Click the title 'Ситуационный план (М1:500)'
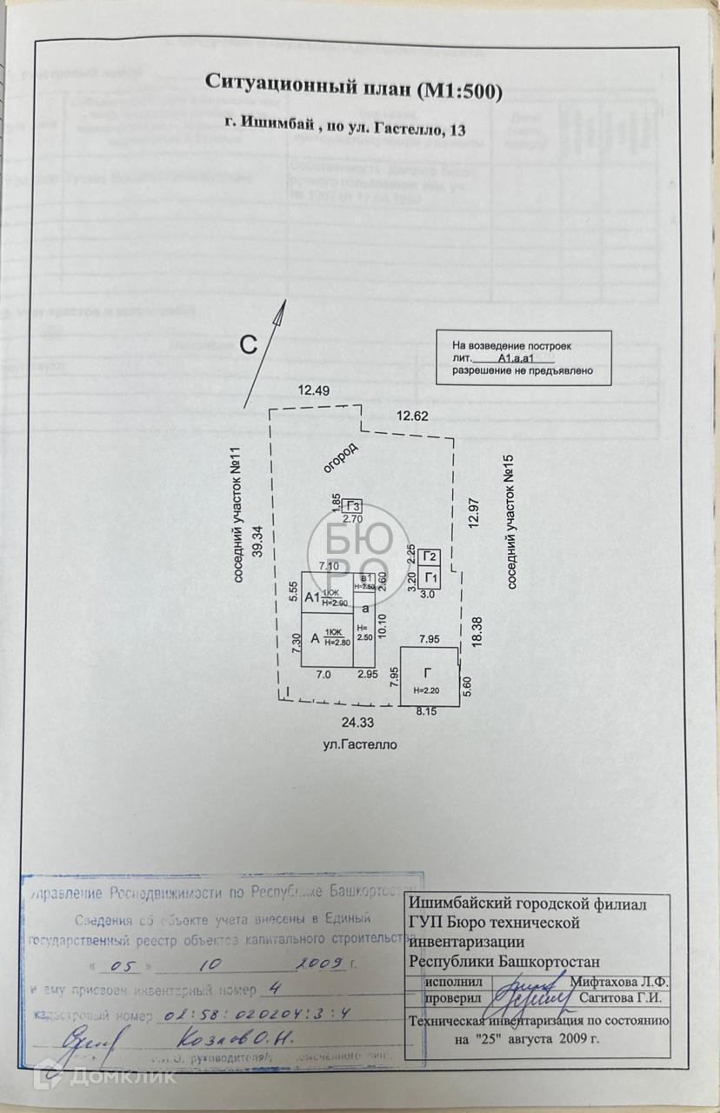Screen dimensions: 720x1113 [354, 85]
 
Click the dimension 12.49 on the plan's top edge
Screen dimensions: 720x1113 [313, 390]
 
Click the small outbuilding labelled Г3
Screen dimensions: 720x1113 [352, 507]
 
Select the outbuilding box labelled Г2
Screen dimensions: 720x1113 [429, 557]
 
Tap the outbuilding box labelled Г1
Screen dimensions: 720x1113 [429, 577]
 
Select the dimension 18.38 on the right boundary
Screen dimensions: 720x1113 [477, 630]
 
